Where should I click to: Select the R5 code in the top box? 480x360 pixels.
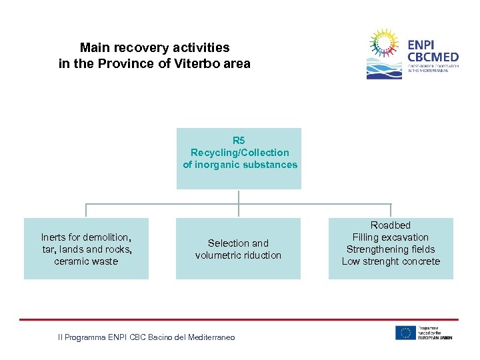(239, 141)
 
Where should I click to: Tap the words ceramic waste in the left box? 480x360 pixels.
(86, 261)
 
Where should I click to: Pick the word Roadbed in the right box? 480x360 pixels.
(391, 225)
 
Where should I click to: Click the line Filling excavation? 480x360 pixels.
(391, 237)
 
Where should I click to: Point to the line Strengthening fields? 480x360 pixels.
(391, 249)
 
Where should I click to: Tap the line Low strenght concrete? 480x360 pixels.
(391, 261)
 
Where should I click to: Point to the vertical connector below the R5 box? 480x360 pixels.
(239, 197)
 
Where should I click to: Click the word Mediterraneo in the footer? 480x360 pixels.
(212, 338)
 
